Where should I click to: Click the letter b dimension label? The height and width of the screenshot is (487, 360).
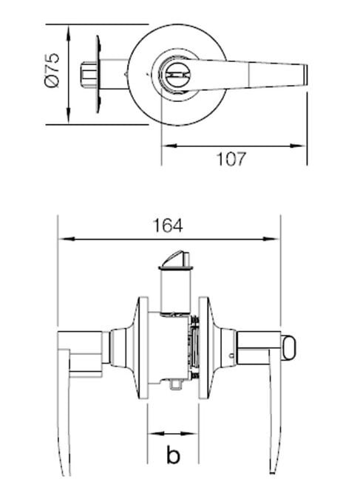(x=174, y=454)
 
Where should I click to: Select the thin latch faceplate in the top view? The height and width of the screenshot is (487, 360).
(x=97, y=75)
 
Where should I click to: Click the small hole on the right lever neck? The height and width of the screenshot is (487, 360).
(x=234, y=360)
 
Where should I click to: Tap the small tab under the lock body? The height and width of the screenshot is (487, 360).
(x=174, y=384)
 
